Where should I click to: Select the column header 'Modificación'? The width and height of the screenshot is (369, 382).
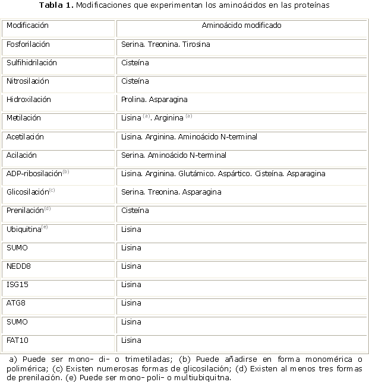(x=28, y=26)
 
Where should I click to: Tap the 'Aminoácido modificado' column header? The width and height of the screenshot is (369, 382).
(x=241, y=26)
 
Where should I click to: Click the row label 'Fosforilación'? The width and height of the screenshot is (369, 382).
(x=28, y=44)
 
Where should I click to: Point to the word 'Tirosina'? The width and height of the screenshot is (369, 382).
(x=196, y=44)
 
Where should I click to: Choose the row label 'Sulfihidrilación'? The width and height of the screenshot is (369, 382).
(x=31, y=63)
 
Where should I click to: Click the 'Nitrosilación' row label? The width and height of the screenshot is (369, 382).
(x=28, y=81)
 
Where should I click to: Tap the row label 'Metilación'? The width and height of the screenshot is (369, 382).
(x=24, y=118)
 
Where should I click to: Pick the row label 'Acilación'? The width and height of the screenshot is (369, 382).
(x=21, y=155)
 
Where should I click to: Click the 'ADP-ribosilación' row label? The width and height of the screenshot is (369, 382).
(x=34, y=174)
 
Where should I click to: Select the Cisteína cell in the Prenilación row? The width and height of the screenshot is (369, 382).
(x=135, y=211)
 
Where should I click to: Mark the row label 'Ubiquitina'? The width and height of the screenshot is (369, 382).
(x=24, y=229)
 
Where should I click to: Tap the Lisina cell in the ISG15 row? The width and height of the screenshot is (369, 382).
(x=131, y=285)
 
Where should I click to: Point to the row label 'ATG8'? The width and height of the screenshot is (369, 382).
(x=15, y=303)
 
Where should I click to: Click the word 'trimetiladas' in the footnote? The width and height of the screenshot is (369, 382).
(x=144, y=359)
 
